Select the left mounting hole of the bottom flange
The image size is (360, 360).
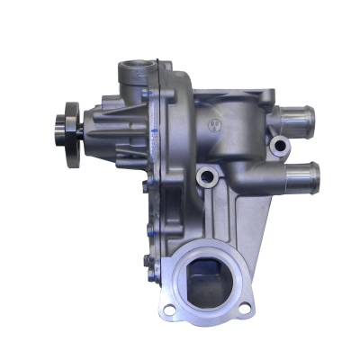(x=168, y=310)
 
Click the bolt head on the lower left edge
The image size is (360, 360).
(x=145, y=262)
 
